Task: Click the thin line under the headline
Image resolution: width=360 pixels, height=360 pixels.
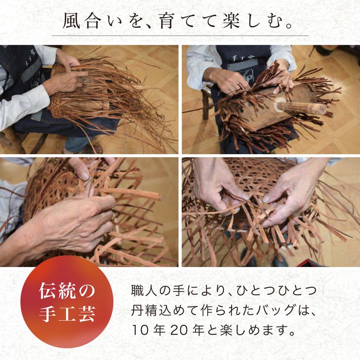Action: click(x=180, y=36)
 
